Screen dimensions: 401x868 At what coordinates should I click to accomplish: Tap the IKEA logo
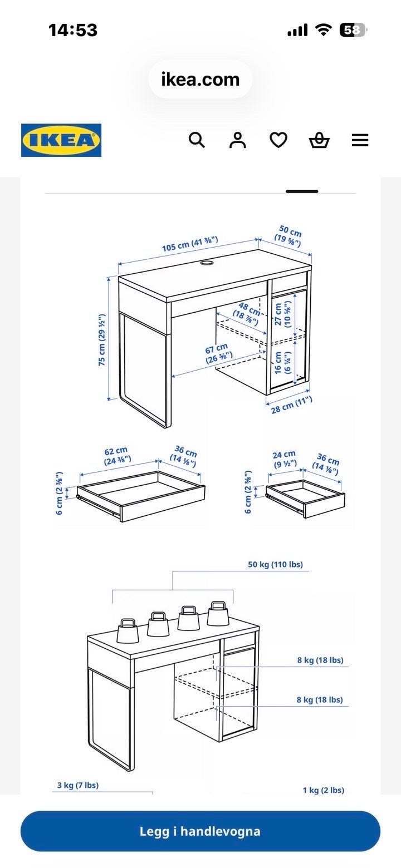point(61,140)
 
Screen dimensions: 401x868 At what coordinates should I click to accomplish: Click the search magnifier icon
point(197,140)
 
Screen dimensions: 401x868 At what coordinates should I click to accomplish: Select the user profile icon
point(238,140)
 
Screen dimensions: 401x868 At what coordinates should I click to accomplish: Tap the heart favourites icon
point(278,140)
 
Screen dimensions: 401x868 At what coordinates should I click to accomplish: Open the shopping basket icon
point(319,140)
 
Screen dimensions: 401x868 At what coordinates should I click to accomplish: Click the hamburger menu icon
point(360,140)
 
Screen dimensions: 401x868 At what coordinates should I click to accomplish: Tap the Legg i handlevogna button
point(200,831)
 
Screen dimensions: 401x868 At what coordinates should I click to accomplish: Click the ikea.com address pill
point(200,80)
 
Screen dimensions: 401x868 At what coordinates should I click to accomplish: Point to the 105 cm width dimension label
point(190,244)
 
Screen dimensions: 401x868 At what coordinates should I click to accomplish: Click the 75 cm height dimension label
point(101,340)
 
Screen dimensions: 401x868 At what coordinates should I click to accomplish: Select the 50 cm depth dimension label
point(289,236)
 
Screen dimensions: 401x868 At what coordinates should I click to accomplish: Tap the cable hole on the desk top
point(207,263)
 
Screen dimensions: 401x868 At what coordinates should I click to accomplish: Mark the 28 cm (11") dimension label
point(292,405)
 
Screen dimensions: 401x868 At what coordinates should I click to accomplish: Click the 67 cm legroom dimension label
point(218,353)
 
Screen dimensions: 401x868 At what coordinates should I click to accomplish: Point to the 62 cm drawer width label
point(116,456)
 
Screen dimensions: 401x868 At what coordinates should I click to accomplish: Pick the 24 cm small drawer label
point(284,458)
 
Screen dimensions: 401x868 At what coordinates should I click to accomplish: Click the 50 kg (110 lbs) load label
point(275,564)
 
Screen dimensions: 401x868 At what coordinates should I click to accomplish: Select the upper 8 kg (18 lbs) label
point(320,660)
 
